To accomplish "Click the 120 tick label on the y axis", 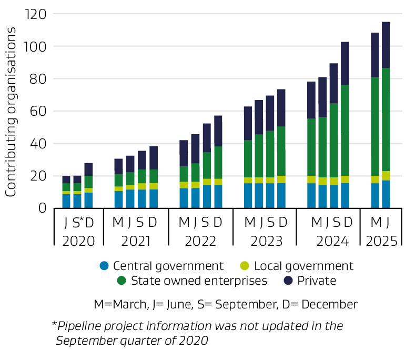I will [36, 14].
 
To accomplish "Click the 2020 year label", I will [78, 241].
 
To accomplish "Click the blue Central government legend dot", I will [104, 266].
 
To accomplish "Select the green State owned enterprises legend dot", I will [121, 281].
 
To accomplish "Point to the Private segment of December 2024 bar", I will [345, 63].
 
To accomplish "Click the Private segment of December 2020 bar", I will [88, 169].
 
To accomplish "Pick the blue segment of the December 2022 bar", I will [218, 197].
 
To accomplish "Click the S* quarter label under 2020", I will [78, 223].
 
